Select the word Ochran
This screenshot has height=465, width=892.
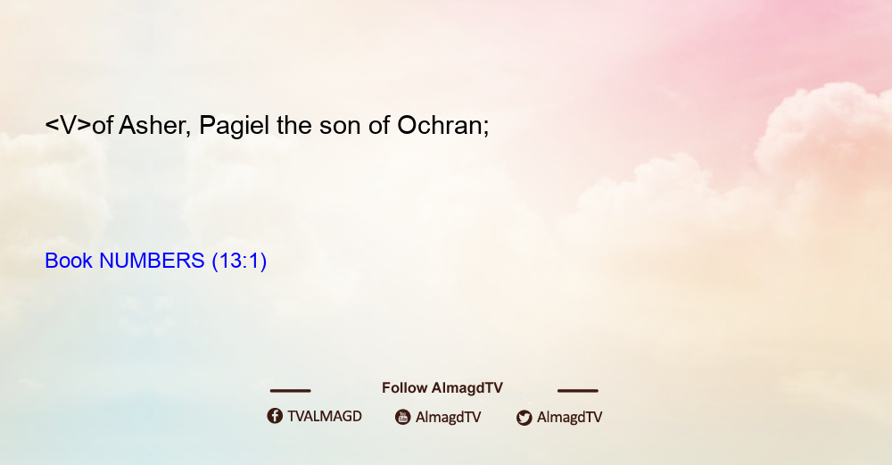(x=442, y=125)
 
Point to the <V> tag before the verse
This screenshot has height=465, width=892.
(x=69, y=125)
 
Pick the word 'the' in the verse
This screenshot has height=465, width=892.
(x=294, y=125)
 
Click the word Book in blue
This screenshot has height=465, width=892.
(x=69, y=261)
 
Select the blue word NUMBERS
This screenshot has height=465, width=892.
(x=152, y=261)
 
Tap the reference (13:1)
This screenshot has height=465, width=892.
(x=239, y=262)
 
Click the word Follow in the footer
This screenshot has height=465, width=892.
(x=404, y=388)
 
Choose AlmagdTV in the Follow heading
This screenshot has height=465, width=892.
(x=467, y=388)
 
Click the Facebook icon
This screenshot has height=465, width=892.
(x=275, y=416)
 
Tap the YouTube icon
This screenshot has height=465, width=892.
(x=403, y=417)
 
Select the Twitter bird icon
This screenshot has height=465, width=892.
(x=524, y=418)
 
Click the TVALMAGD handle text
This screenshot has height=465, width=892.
(x=325, y=417)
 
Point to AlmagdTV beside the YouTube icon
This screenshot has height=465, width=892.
(x=449, y=418)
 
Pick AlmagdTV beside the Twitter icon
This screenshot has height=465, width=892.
(x=569, y=418)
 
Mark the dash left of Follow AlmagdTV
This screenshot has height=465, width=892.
(x=290, y=391)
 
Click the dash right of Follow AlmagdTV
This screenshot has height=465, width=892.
(x=578, y=391)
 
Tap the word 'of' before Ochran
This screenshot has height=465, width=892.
(x=379, y=125)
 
